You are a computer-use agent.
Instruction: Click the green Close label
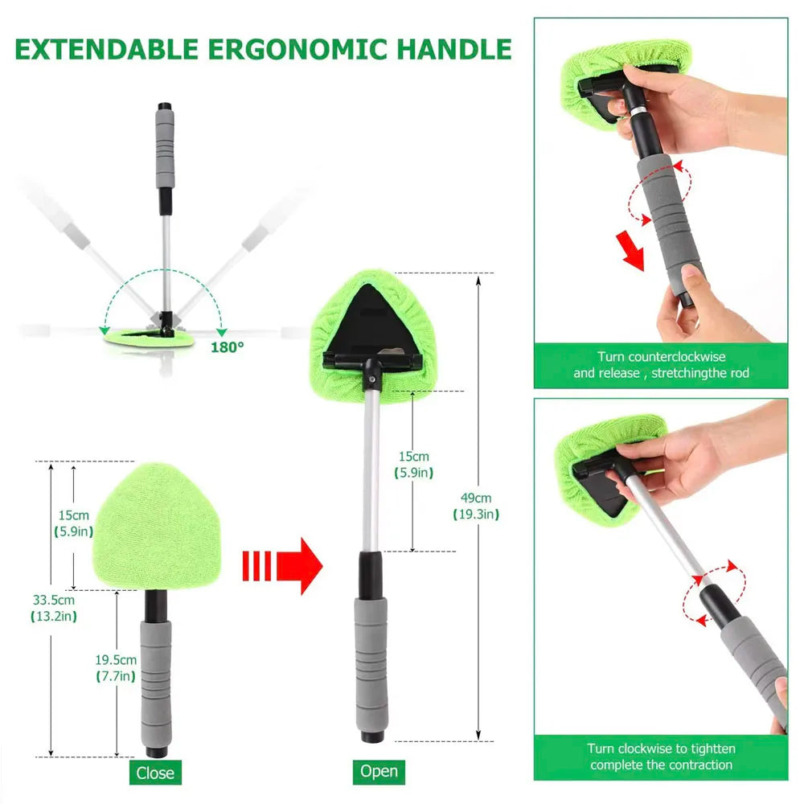pyautogui.click(x=154, y=773)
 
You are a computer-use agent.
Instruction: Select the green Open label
pyautogui.click(x=379, y=771)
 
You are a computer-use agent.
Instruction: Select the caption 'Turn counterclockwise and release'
pyautogui.click(x=661, y=364)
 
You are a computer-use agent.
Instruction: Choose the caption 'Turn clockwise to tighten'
pyautogui.click(x=661, y=757)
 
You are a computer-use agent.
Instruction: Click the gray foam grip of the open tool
pyautogui.click(x=371, y=659)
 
